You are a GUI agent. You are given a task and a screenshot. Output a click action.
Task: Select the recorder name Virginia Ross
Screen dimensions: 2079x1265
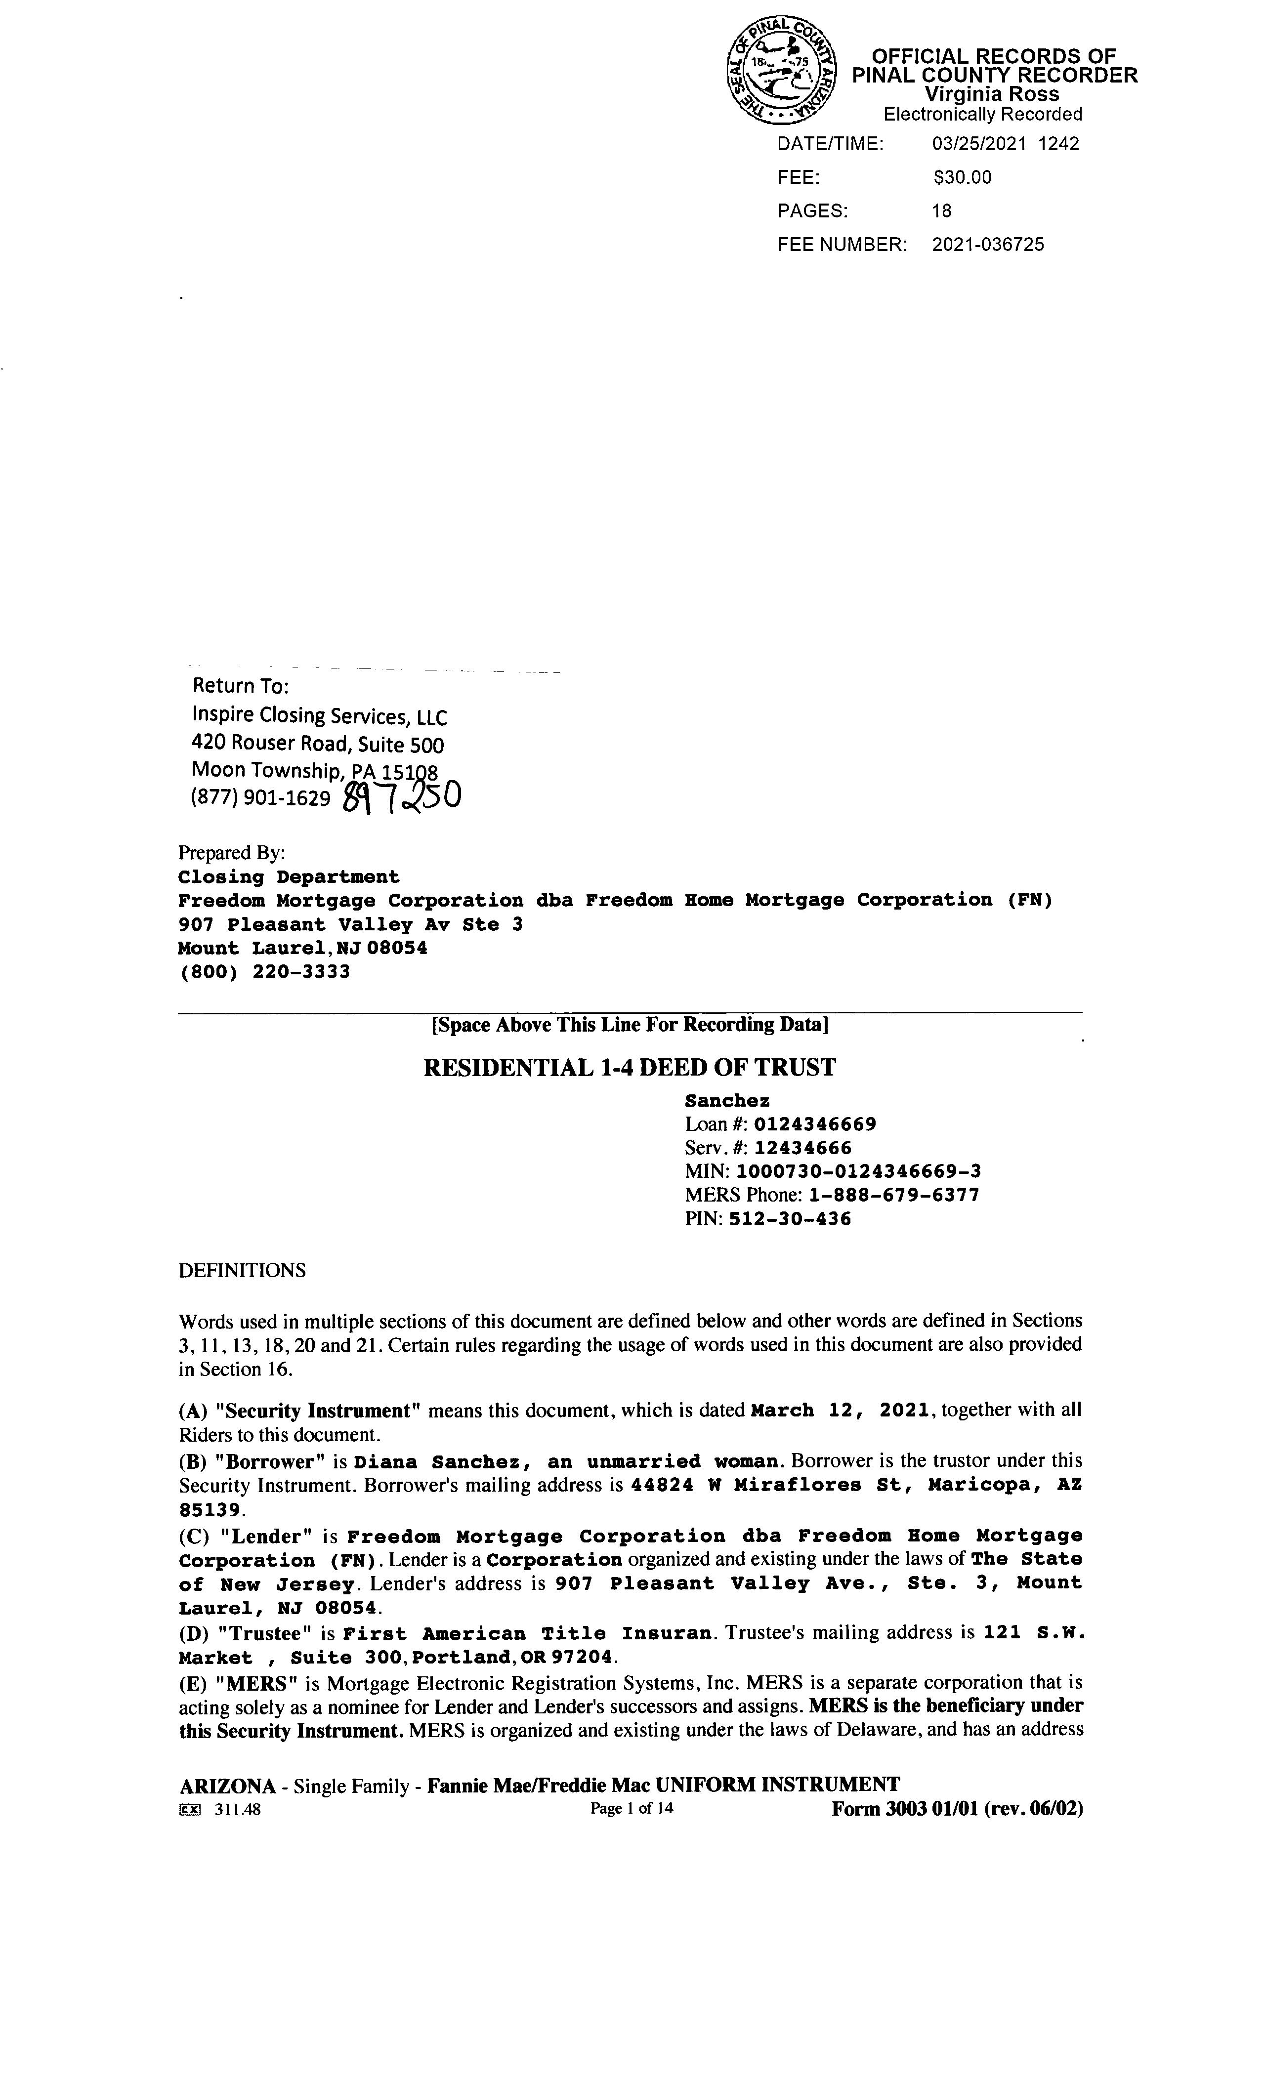click(992, 94)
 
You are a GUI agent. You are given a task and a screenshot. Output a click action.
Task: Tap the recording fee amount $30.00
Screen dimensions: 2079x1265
click(962, 177)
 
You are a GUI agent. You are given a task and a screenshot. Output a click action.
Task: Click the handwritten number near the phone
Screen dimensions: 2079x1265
click(403, 795)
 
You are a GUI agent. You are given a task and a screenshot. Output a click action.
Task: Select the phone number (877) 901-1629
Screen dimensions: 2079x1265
click(261, 797)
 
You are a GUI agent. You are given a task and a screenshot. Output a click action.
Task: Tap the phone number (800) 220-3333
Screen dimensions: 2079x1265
click(264, 971)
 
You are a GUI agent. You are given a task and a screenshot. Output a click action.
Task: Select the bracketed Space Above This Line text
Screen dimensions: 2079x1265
click(630, 1024)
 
